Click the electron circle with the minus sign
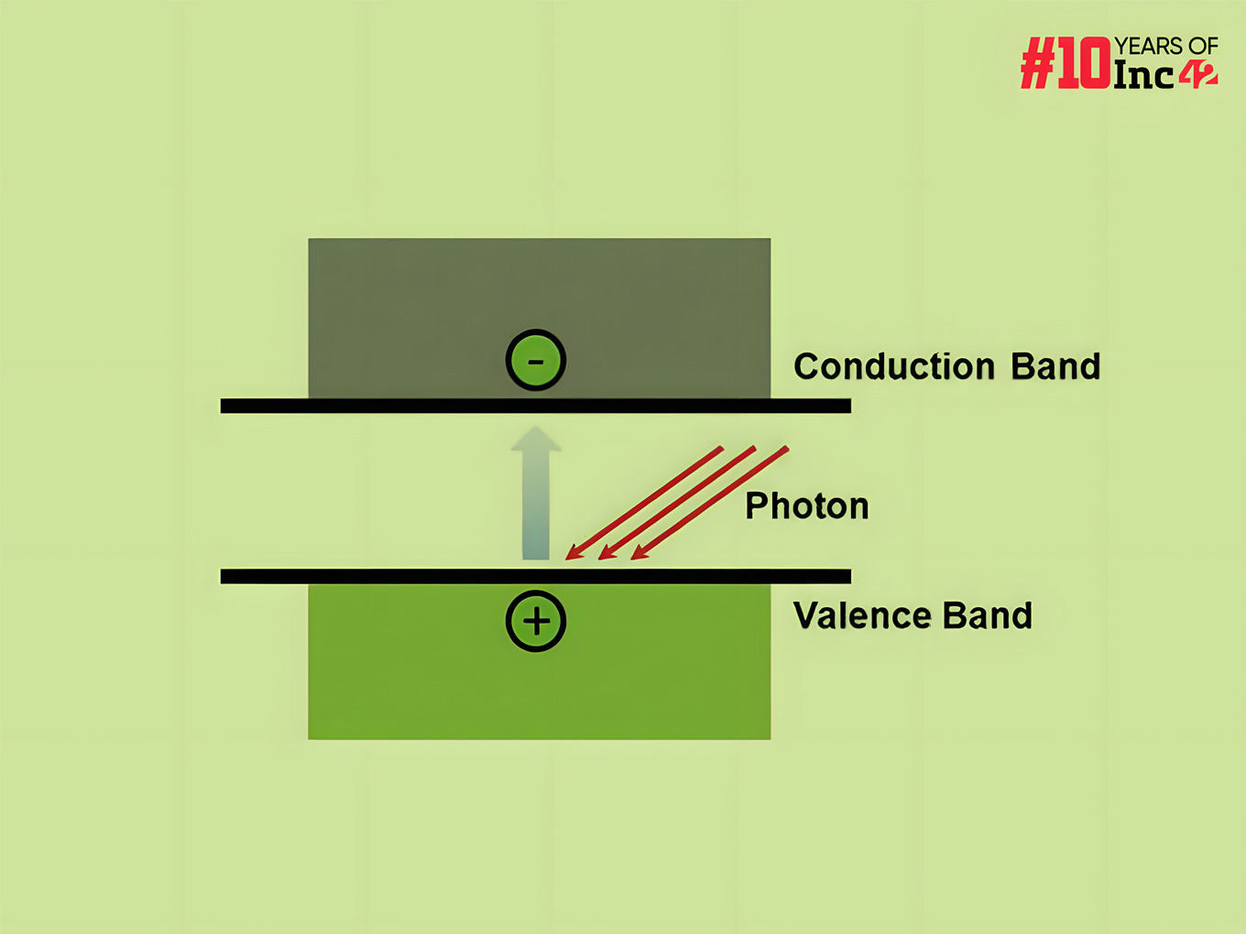(536, 360)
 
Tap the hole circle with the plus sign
(536, 621)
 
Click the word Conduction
(893, 366)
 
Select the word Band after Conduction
(1055, 366)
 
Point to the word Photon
(806, 505)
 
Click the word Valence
(861, 615)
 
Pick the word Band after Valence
(988, 615)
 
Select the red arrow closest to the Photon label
(710, 503)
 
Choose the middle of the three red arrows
(677, 503)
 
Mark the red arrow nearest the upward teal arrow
(644, 503)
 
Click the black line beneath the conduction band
(536, 406)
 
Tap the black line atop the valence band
(536, 576)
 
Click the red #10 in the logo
(1066, 64)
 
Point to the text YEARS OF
(1166, 46)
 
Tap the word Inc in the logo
(1143, 75)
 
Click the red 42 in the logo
(1198, 75)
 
